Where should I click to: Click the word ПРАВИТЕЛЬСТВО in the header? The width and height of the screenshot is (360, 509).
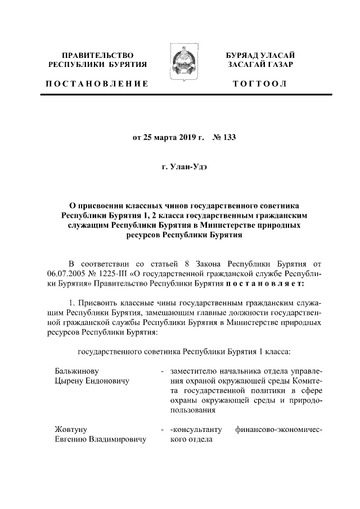coord(98,55)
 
